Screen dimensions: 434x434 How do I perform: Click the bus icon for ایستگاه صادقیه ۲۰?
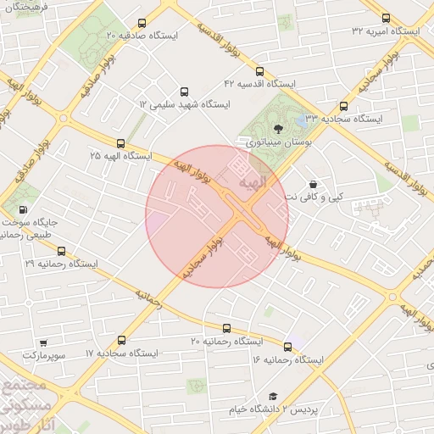click(x=141, y=24)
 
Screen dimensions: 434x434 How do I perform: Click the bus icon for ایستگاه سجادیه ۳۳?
click(x=343, y=107)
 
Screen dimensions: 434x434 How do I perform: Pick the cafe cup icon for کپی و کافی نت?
click(x=314, y=184)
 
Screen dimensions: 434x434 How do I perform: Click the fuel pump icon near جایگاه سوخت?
click(x=21, y=209)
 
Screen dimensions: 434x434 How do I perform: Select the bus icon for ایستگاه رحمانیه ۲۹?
click(x=61, y=251)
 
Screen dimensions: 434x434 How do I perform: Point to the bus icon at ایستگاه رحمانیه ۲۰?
click(x=225, y=328)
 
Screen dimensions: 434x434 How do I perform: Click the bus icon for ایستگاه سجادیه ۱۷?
click(x=120, y=339)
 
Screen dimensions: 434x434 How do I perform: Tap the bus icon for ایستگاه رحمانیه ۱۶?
click(x=287, y=346)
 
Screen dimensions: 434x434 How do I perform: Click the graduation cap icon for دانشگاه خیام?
click(x=273, y=396)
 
